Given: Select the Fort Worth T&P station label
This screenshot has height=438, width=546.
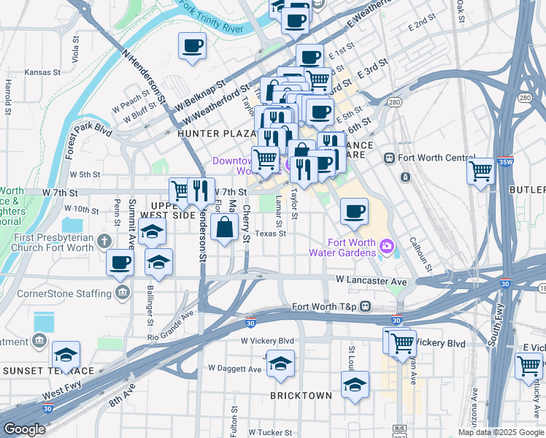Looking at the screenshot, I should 324,307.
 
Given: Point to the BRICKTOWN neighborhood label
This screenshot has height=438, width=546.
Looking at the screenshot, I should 301,395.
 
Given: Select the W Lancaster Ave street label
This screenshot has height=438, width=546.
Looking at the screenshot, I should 371,280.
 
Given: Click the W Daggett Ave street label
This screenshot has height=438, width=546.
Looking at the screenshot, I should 234,369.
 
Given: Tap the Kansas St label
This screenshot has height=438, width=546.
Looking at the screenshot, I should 41,72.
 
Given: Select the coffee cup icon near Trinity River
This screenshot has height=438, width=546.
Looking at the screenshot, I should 193,46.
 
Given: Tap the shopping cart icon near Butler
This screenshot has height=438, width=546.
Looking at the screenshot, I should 480,172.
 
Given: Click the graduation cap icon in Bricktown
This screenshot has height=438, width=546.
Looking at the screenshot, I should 355,385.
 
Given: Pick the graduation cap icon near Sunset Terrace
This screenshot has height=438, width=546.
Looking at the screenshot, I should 66,356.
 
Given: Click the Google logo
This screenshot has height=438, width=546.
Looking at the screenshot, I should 25,430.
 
